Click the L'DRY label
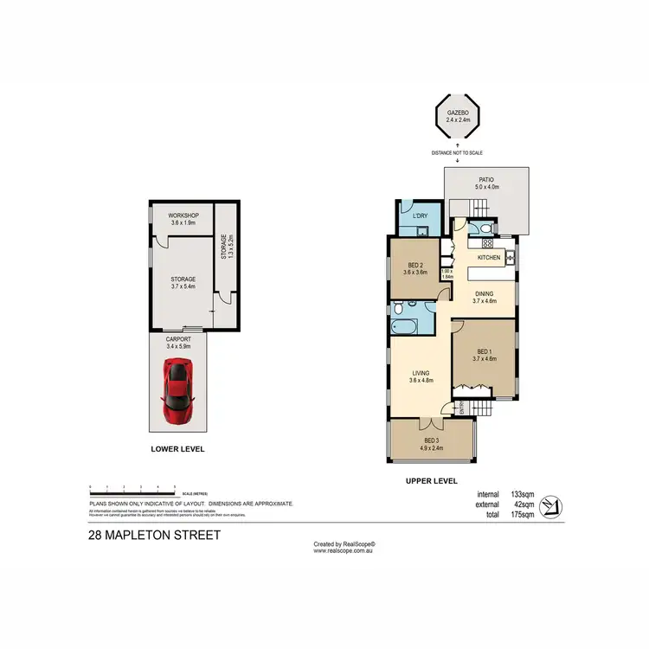pos(421,215)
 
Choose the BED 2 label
pos(415,265)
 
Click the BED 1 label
pos(485,351)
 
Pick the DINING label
pos(485,292)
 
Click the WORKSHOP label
pos(183,215)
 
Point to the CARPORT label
pos(177,341)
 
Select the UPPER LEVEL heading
pos(431,481)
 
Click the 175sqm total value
pos(524,515)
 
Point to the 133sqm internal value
pos(524,494)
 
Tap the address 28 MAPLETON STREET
pos(155,535)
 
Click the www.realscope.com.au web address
pos(344,550)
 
